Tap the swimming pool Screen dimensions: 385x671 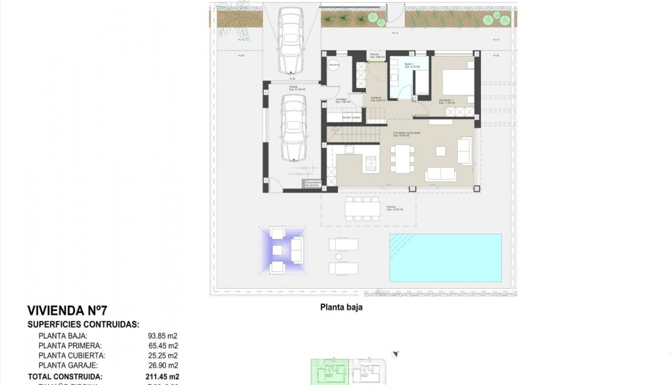(x=445, y=258)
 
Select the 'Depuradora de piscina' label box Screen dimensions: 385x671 (x=313, y=184)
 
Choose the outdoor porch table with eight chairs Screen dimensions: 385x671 (x=362, y=208)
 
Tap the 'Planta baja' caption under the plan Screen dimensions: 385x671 (x=341, y=307)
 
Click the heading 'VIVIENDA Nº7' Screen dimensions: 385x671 (x=67, y=311)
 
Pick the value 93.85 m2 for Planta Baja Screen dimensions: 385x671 (x=162, y=336)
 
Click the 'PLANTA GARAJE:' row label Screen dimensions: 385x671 (x=68, y=365)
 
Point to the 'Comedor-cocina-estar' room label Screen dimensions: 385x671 (x=406, y=133)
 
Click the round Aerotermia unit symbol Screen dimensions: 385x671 (x=334, y=65)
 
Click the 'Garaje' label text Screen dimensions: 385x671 (x=294, y=87)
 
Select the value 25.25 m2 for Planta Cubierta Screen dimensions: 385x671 (x=162, y=355)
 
